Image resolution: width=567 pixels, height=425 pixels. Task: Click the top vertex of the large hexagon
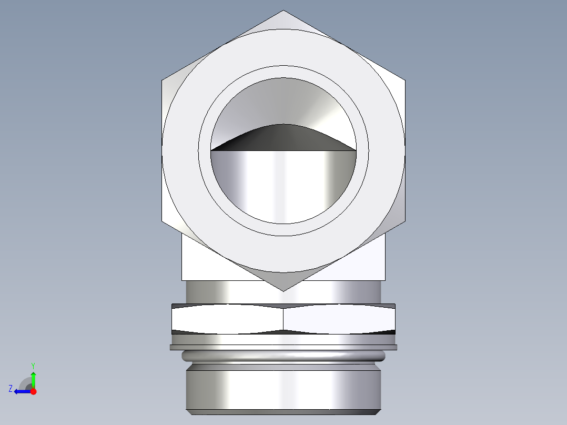pos(283,11)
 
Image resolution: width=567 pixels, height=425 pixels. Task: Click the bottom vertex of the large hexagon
pos(283,291)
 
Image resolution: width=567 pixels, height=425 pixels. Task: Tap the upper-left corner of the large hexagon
pos(162,81)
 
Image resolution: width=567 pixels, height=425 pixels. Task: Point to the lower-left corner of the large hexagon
pos(162,221)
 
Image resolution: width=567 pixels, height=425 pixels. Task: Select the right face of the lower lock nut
pos(339,319)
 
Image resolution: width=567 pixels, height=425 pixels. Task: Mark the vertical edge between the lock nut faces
pos(283,319)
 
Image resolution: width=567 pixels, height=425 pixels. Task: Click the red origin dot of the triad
pos(33,391)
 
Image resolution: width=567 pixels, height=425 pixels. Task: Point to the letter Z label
pos(11,389)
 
